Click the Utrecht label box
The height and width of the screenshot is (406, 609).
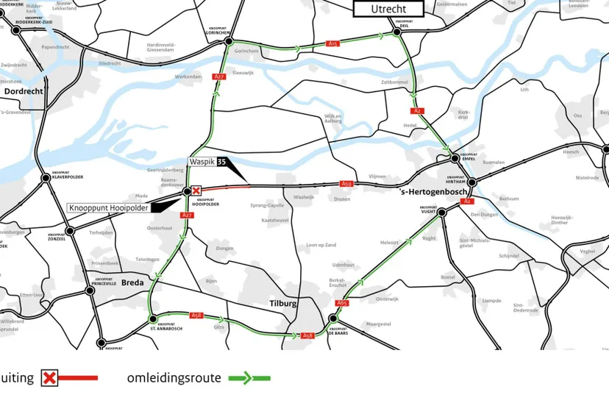tap(388, 9)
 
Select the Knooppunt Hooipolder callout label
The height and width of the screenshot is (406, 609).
tap(108, 208)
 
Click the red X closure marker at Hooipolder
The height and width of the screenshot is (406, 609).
tap(196, 190)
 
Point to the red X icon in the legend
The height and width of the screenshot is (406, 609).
tap(49, 379)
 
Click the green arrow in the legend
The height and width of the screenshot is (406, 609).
tap(250, 379)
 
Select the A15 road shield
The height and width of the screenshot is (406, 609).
tap(332, 44)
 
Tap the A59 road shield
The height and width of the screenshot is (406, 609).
tap(347, 184)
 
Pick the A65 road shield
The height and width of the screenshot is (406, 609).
tap(342, 302)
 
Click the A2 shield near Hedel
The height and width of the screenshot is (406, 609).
tap(418, 111)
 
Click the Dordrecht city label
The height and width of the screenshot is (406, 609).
tap(24, 91)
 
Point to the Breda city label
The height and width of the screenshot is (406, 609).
tap(132, 282)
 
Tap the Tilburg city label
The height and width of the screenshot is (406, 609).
tap(282, 303)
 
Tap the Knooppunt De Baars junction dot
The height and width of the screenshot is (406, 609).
tap(332, 319)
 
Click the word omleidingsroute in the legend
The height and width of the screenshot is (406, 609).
tap(174, 378)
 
